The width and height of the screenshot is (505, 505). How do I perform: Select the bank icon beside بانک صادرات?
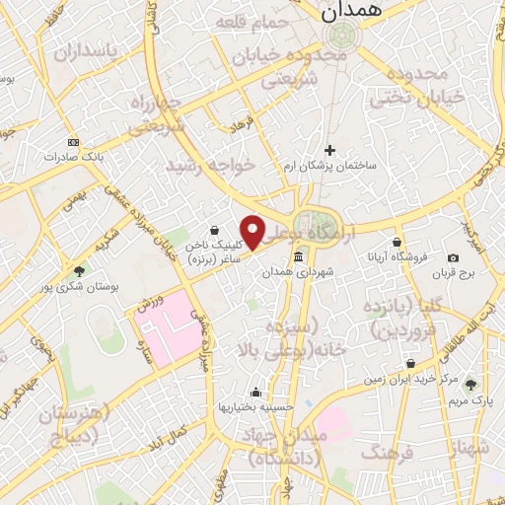pyautogui.click(x=71, y=142)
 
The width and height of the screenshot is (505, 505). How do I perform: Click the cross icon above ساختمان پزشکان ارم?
pyautogui.click(x=329, y=149)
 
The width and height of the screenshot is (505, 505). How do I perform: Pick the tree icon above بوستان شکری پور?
pyautogui.click(x=79, y=270)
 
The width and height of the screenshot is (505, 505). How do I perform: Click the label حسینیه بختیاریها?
pyautogui.click(x=255, y=406)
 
